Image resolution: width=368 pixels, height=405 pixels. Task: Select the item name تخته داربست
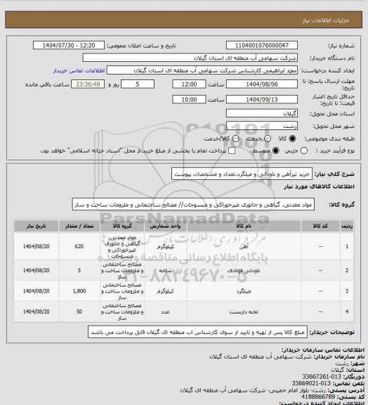click(x=248, y=310)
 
